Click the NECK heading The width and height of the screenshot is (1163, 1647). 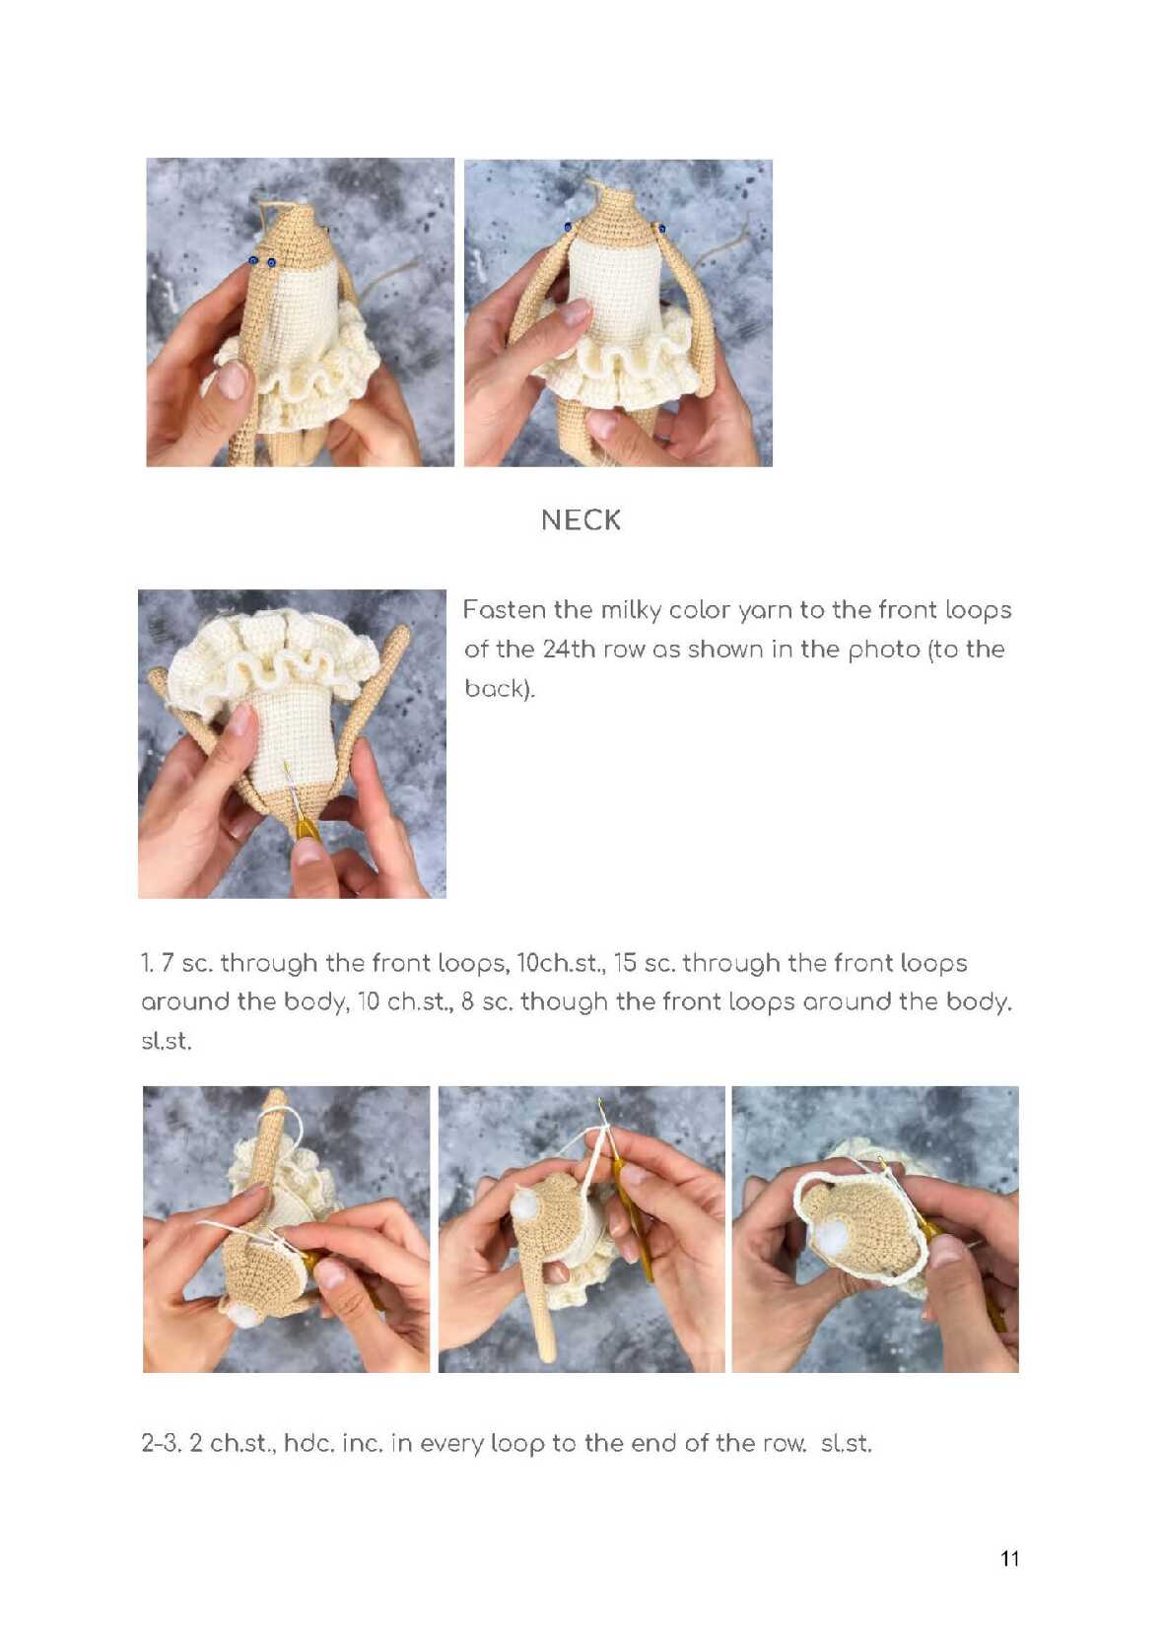[581, 520]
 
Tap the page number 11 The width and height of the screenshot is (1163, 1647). [1009, 1557]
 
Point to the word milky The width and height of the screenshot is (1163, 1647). [627, 610]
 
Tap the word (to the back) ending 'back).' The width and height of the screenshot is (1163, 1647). [499, 689]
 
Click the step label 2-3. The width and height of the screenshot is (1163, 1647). [161, 1443]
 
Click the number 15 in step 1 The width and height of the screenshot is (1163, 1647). [624, 962]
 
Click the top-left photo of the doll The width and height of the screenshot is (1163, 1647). [300, 312]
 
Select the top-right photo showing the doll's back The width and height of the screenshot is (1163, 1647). [618, 313]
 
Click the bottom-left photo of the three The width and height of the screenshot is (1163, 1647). [287, 1229]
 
